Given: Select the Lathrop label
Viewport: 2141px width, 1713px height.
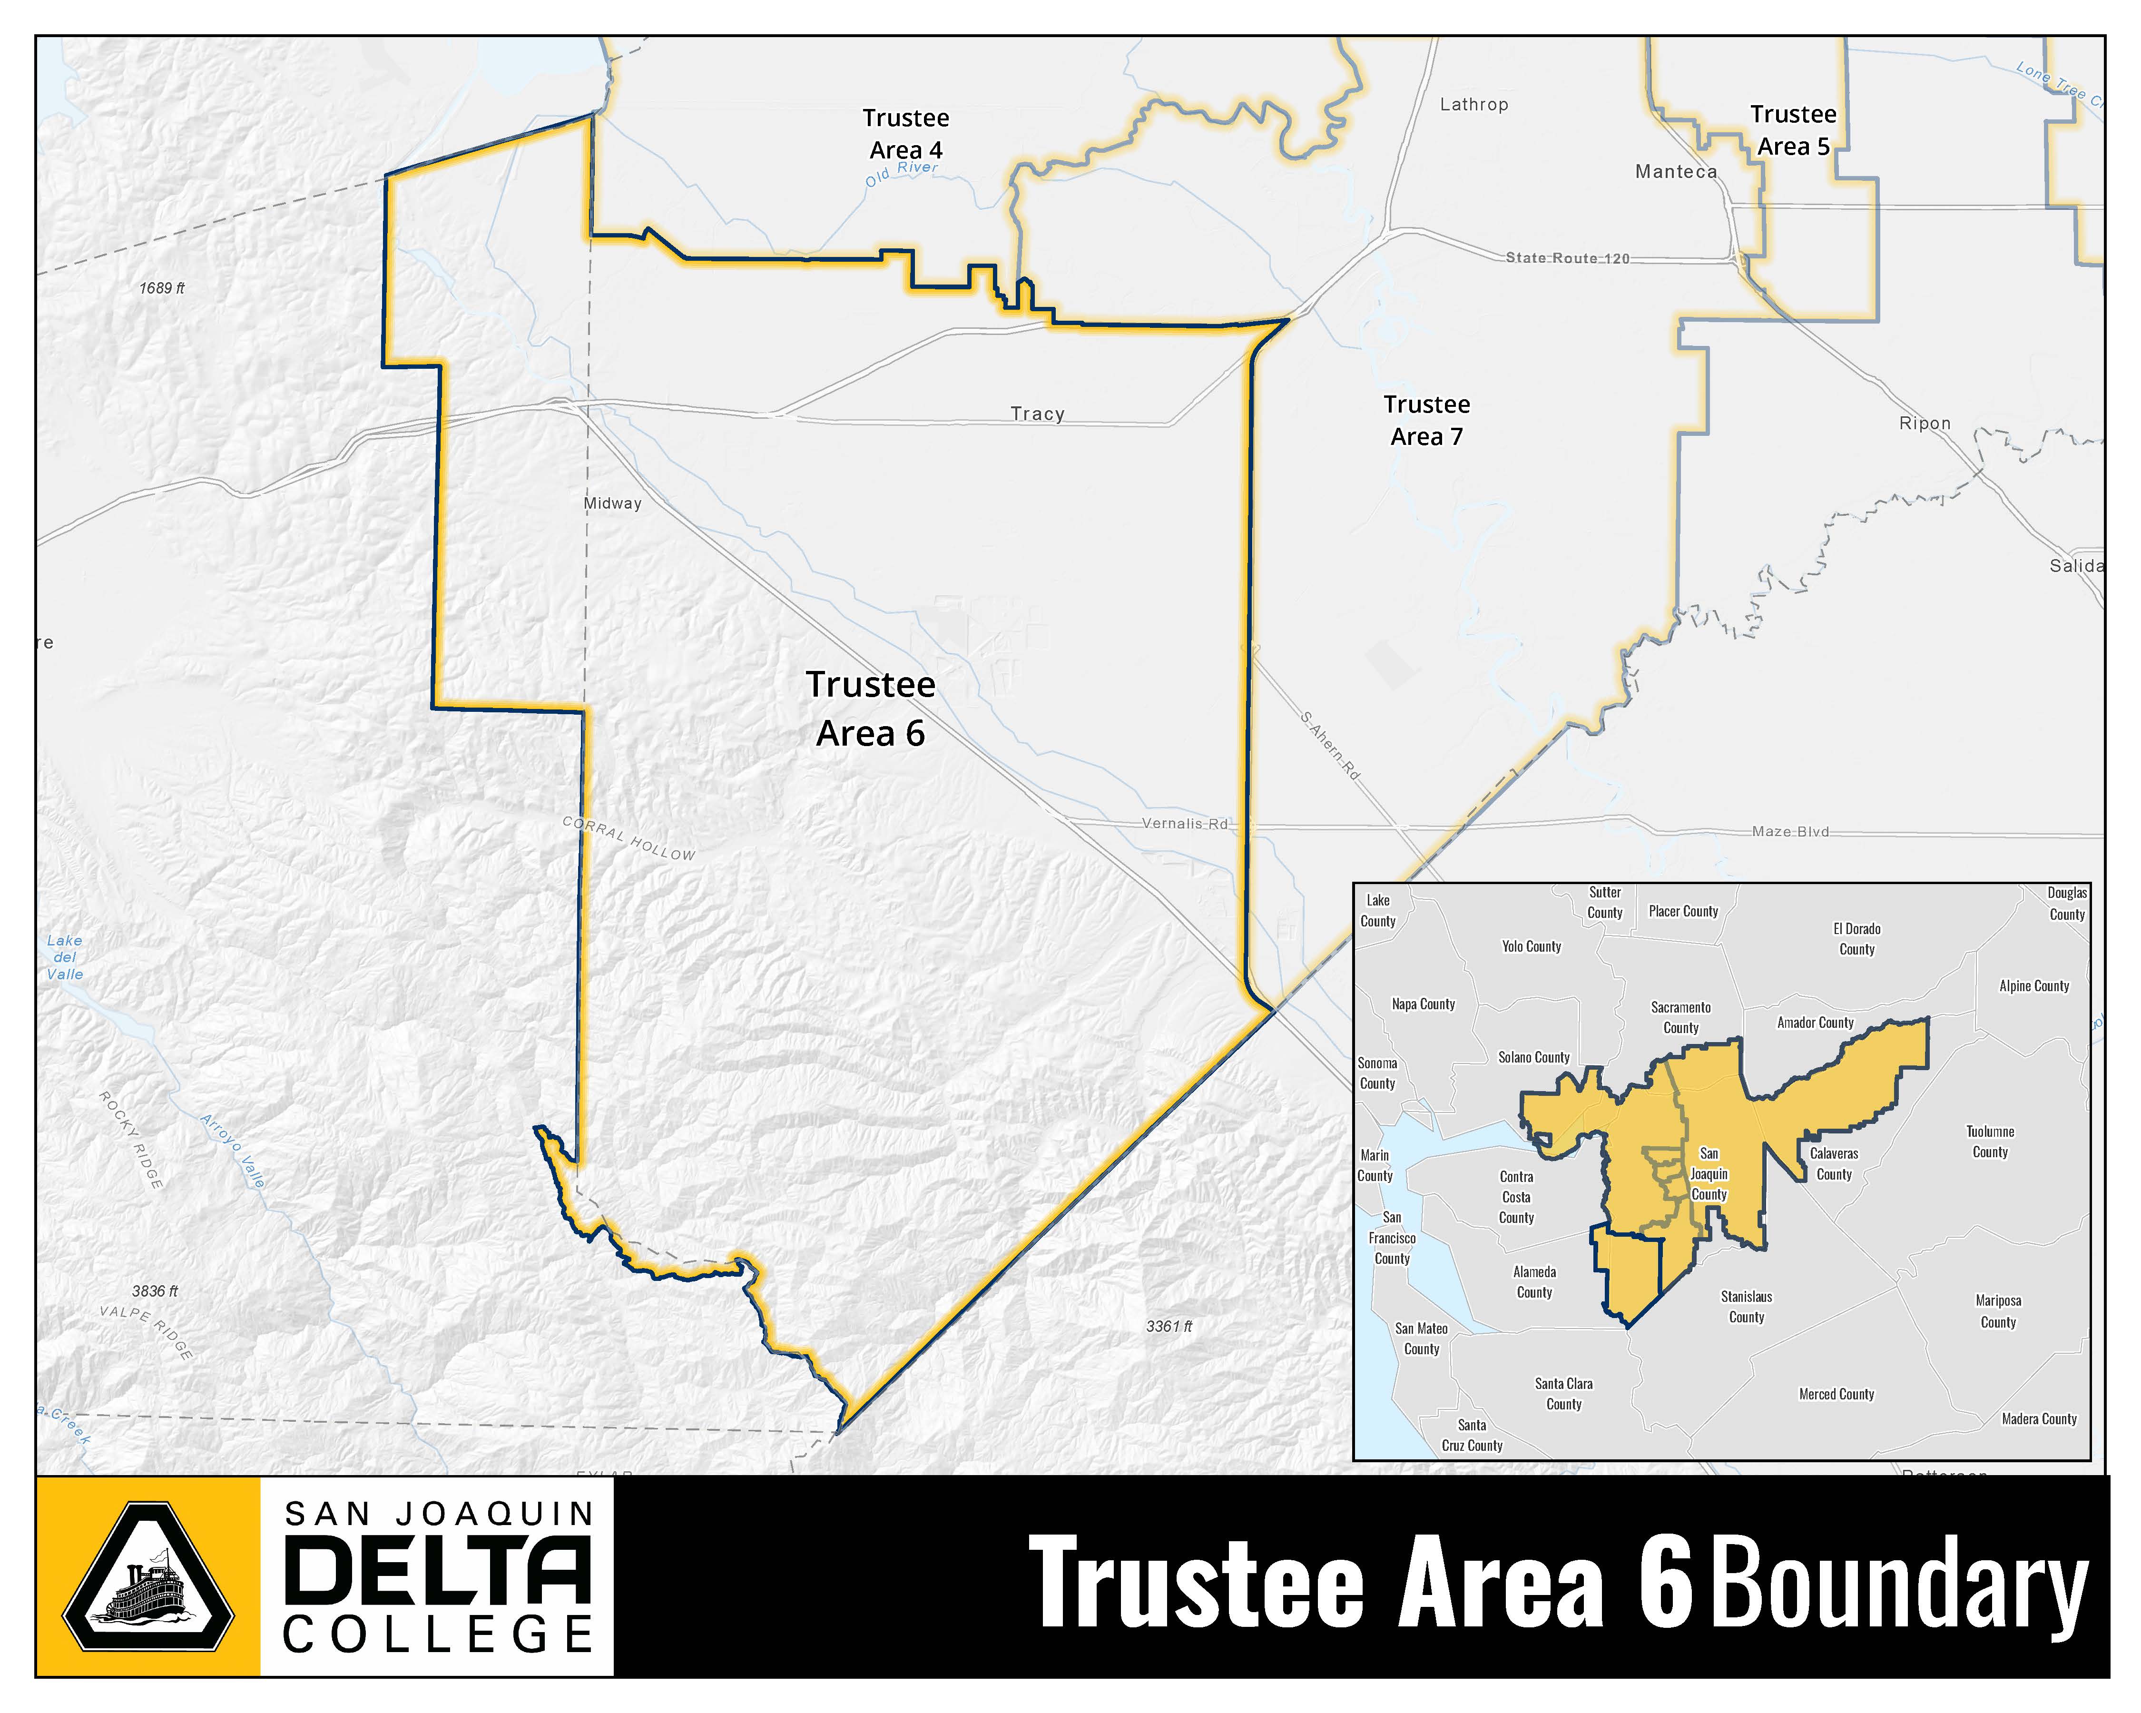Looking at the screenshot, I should (x=1473, y=104).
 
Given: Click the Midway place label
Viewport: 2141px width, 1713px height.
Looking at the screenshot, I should (x=613, y=503).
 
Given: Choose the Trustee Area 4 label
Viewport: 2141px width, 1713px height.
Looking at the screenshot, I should (x=906, y=134).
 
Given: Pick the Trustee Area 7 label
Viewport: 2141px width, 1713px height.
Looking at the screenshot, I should (x=1427, y=420).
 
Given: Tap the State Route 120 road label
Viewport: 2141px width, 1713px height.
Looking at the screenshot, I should (x=1567, y=258).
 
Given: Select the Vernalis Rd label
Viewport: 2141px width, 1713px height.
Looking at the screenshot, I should (x=1185, y=823).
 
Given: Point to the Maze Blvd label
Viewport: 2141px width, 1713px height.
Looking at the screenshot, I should (x=1790, y=831).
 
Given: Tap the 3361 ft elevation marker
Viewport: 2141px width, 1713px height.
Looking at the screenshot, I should (x=1169, y=1326).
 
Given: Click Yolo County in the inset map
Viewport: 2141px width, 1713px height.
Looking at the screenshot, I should (x=1531, y=946).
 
